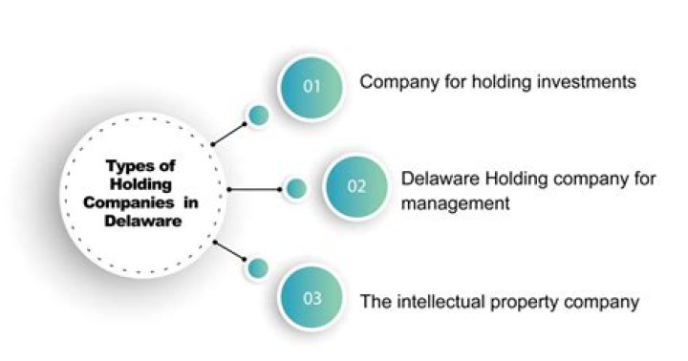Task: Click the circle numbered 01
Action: (311, 86)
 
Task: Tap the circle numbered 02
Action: (355, 187)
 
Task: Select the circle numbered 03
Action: (312, 299)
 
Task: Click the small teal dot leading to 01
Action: (256, 117)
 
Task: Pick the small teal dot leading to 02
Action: (296, 188)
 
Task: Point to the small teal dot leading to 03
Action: (256, 268)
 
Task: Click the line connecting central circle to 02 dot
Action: (253, 189)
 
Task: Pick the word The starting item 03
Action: (375, 302)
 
